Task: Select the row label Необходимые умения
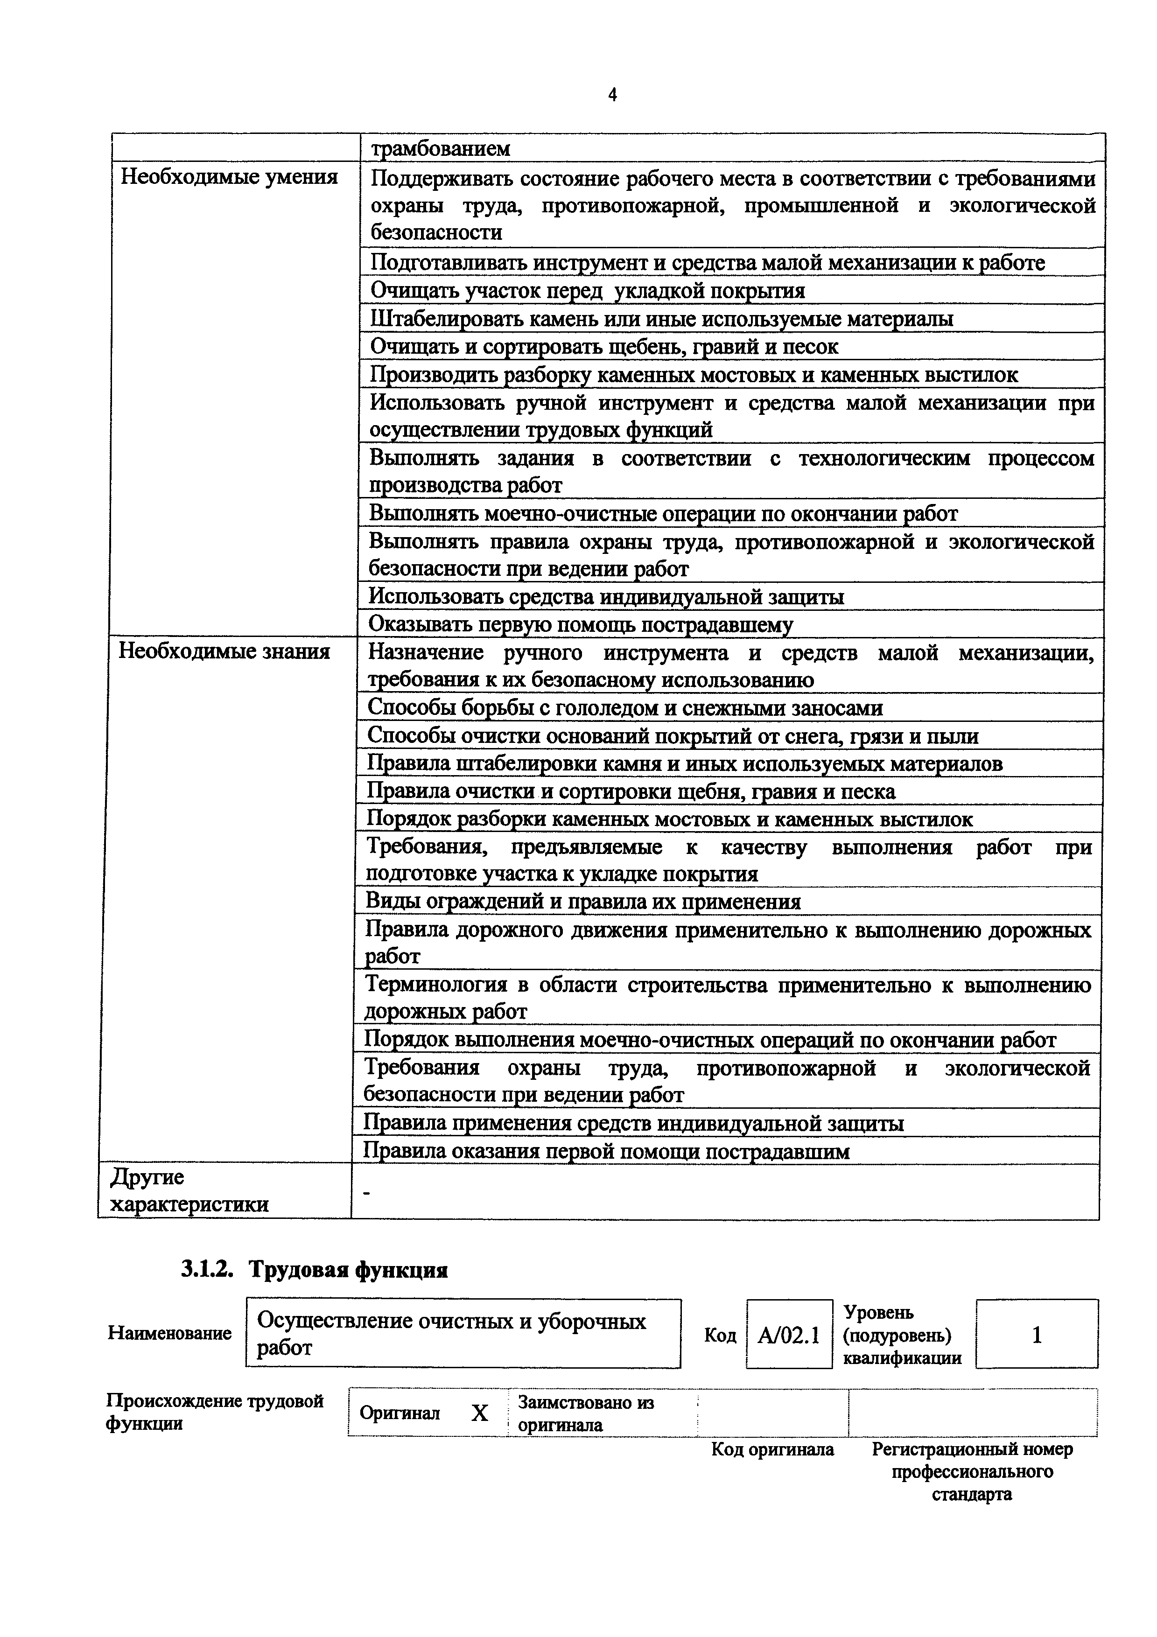tap(228, 177)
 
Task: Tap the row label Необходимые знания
tap(224, 651)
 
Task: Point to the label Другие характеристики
tap(189, 1190)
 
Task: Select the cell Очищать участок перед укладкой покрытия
tap(588, 290)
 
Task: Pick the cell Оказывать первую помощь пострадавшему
tap(580, 624)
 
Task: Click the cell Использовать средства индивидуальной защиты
tap(606, 596)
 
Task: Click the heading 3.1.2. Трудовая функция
tap(314, 1270)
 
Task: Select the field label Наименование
tap(170, 1333)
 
